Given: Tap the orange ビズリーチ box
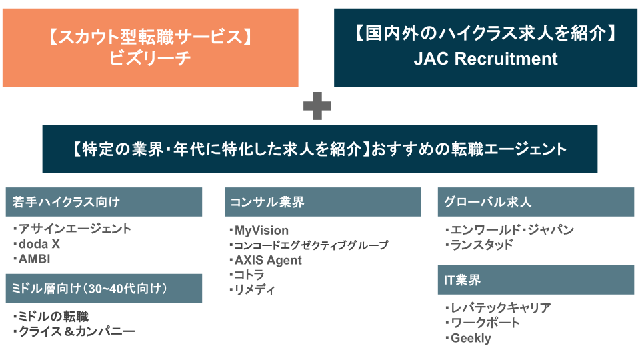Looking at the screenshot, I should [150, 47].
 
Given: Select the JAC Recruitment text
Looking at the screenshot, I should [485, 59].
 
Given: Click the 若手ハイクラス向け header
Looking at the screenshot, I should [104, 202].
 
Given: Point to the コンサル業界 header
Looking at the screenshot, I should [322, 202].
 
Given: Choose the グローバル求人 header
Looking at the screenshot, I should [535, 202].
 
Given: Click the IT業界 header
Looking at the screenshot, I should [535, 280].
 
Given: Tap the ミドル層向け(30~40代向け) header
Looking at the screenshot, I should [104, 288].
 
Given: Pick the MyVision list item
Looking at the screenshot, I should [261, 231].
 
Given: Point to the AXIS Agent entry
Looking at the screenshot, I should [267, 260].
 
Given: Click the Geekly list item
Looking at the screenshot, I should [470, 338].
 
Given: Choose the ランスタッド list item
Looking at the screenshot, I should [481, 245].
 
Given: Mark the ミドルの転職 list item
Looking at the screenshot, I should [53, 316].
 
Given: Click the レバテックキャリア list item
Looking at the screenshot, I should [500, 307].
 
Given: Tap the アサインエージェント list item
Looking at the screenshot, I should [75, 229].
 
